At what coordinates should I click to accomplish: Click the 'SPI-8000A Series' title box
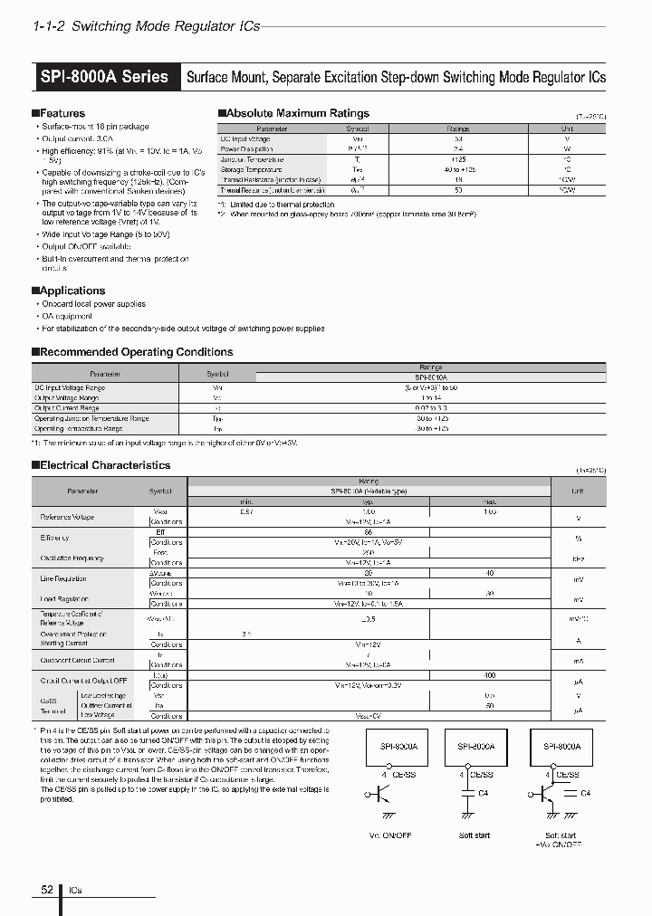[x=104, y=77]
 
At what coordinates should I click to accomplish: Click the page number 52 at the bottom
[x=47, y=891]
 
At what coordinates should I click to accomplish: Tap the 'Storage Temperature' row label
[x=251, y=169]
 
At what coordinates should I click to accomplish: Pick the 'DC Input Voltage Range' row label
[x=69, y=387]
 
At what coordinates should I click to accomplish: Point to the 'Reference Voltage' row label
[x=67, y=517]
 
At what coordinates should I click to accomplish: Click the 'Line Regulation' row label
[x=63, y=577]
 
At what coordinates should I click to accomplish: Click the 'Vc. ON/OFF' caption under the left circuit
[x=391, y=835]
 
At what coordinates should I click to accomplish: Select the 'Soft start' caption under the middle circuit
[x=475, y=835]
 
